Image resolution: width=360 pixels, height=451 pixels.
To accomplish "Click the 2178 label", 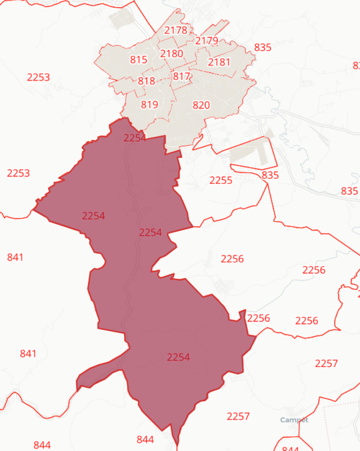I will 176,30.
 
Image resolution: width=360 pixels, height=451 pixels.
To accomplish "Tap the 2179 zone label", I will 207,41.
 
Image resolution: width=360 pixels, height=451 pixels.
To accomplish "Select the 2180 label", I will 172,53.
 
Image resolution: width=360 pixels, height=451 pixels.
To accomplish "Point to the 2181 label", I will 219,62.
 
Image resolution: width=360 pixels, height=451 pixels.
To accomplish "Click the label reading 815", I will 138,60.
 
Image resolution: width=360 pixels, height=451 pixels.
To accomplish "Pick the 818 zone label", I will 146,81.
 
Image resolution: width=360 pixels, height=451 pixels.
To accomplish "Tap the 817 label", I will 181,77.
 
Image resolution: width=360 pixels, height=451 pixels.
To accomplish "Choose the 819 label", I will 149,105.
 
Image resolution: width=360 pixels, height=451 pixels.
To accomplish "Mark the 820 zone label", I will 201,105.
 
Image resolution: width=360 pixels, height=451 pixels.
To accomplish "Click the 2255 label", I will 221,180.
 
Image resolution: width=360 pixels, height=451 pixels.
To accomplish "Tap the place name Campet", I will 294,420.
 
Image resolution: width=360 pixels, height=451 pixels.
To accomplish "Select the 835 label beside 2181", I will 263,48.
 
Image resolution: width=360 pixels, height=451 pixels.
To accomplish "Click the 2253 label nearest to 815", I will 38,77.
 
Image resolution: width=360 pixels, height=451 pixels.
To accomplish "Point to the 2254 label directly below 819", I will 135,138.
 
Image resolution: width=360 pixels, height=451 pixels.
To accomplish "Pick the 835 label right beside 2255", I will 271,175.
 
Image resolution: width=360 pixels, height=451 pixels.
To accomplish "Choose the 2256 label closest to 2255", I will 232,259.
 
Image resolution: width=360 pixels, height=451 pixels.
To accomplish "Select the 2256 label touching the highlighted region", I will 258,318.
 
